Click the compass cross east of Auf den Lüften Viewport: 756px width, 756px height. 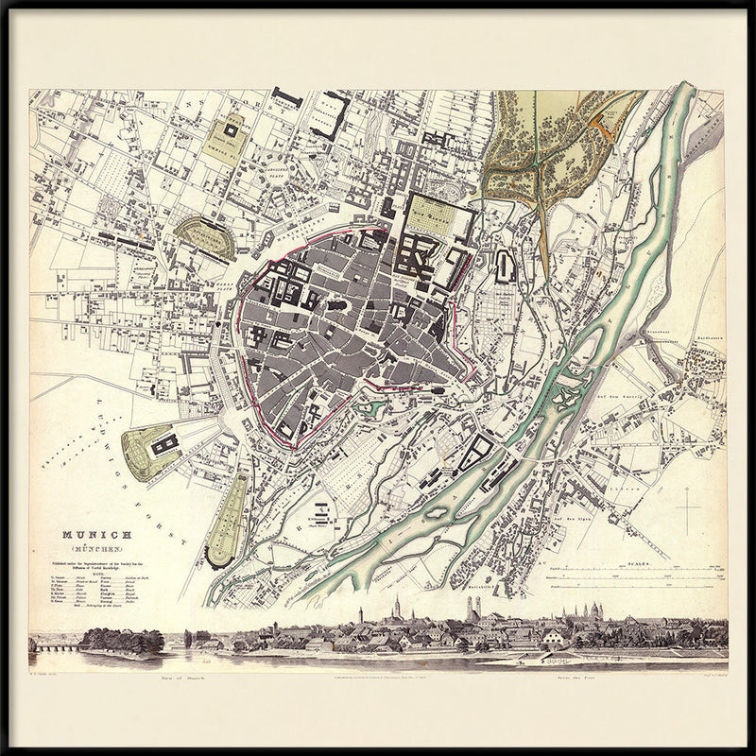(x=688, y=509)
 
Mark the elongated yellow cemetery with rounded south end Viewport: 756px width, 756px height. (x=226, y=521)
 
